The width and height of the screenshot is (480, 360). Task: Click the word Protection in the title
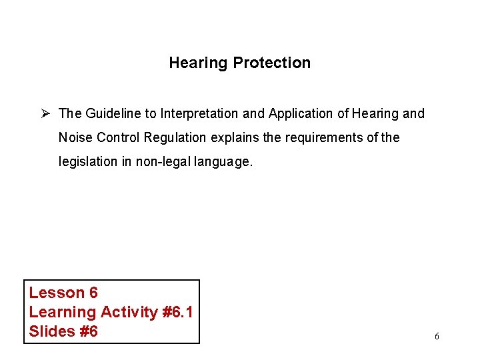click(x=271, y=63)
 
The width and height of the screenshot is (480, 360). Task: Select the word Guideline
click(x=110, y=113)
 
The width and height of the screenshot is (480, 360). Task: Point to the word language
click(x=226, y=161)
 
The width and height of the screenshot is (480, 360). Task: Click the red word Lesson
click(x=56, y=293)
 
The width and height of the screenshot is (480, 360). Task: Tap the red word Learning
click(x=63, y=312)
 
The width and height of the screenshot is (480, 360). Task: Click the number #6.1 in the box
click(x=177, y=312)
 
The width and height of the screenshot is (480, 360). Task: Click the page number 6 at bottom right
click(x=437, y=337)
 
